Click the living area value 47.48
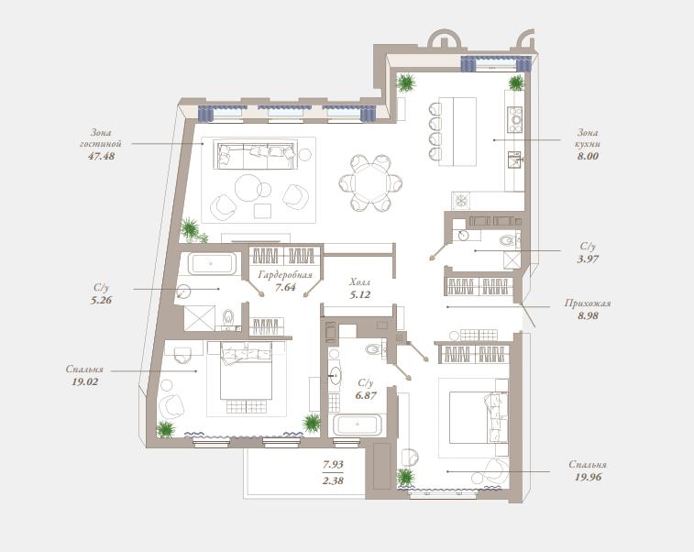click(102, 156)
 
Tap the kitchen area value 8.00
click(588, 156)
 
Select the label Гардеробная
click(285, 275)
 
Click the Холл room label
click(360, 282)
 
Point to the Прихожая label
click(588, 304)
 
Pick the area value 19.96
click(589, 477)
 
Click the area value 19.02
click(84, 381)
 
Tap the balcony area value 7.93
click(333, 464)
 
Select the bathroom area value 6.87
click(366, 395)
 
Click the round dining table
click(370, 182)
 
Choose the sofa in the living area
click(256, 154)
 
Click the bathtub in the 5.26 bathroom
click(212, 263)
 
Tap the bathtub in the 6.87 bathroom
click(357, 425)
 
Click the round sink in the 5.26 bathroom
click(183, 292)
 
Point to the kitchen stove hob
click(514, 119)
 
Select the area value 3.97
click(588, 259)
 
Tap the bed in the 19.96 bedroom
click(478, 416)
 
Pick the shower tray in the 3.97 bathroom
click(512, 259)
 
